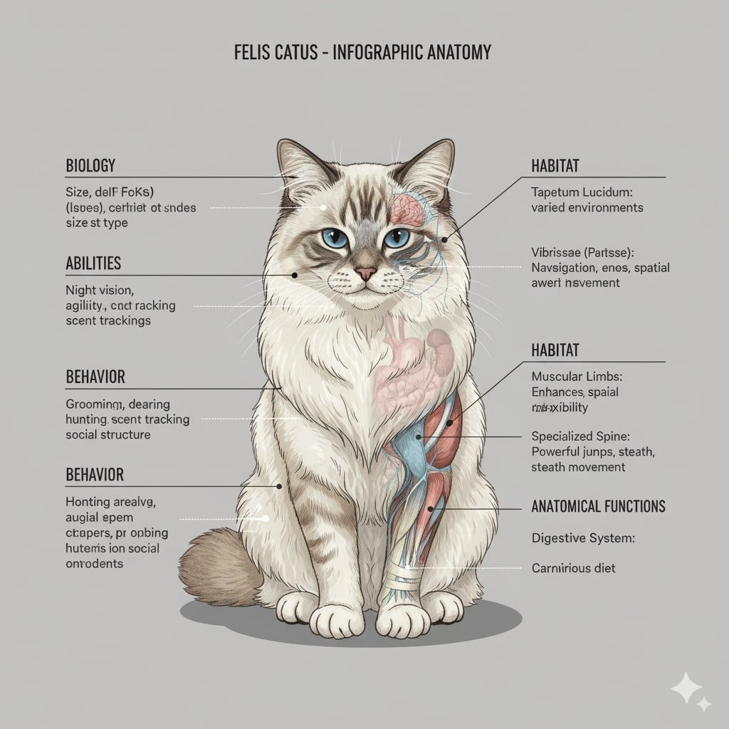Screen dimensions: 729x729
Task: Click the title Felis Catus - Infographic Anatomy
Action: click(362, 53)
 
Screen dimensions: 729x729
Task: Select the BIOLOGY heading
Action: click(90, 166)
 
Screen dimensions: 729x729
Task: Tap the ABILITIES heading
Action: click(93, 263)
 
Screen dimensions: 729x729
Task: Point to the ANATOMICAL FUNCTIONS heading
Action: click(598, 507)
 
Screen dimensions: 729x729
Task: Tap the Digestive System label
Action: click(581, 539)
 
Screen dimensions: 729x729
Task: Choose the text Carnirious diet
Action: click(573, 568)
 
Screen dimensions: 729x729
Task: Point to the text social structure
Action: click(107, 434)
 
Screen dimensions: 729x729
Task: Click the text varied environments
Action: click(587, 208)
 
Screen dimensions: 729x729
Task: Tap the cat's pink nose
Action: click(366, 273)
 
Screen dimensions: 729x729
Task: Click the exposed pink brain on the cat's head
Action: click(408, 207)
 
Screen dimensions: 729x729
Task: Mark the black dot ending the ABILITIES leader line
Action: click(294, 275)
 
